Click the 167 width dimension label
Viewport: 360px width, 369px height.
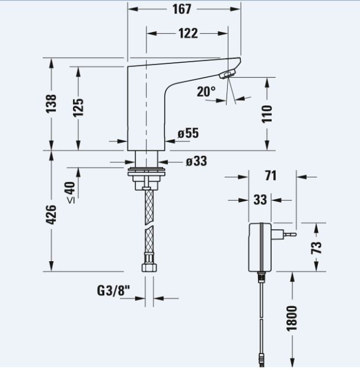click(x=181, y=9)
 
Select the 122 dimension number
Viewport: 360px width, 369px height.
click(x=188, y=33)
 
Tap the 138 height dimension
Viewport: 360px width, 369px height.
click(x=51, y=104)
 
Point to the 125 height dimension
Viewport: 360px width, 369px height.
click(x=78, y=108)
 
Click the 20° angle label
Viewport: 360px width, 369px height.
click(x=206, y=91)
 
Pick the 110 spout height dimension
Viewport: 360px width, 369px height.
click(x=267, y=114)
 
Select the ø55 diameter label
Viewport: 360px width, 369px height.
click(x=188, y=133)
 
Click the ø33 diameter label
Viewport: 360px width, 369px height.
click(x=196, y=162)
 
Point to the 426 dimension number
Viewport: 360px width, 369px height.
click(x=51, y=214)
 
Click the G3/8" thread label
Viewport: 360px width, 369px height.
click(x=113, y=291)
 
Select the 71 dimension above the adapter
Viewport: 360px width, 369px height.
click(x=270, y=175)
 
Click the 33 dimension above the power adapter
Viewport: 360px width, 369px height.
click(x=260, y=200)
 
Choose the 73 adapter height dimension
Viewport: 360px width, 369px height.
click(x=316, y=248)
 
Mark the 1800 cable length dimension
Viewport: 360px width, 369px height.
click(x=292, y=319)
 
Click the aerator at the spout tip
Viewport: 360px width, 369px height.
click(x=227, y=74)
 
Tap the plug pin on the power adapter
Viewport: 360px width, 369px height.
click(x=290, y=235)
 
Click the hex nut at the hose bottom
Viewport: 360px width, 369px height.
click(x=149, y=268)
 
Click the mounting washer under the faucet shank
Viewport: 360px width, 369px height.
click(x=146, y=172)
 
